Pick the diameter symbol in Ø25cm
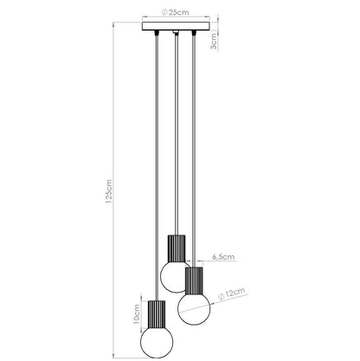[165, 14]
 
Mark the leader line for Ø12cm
[214, 299]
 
